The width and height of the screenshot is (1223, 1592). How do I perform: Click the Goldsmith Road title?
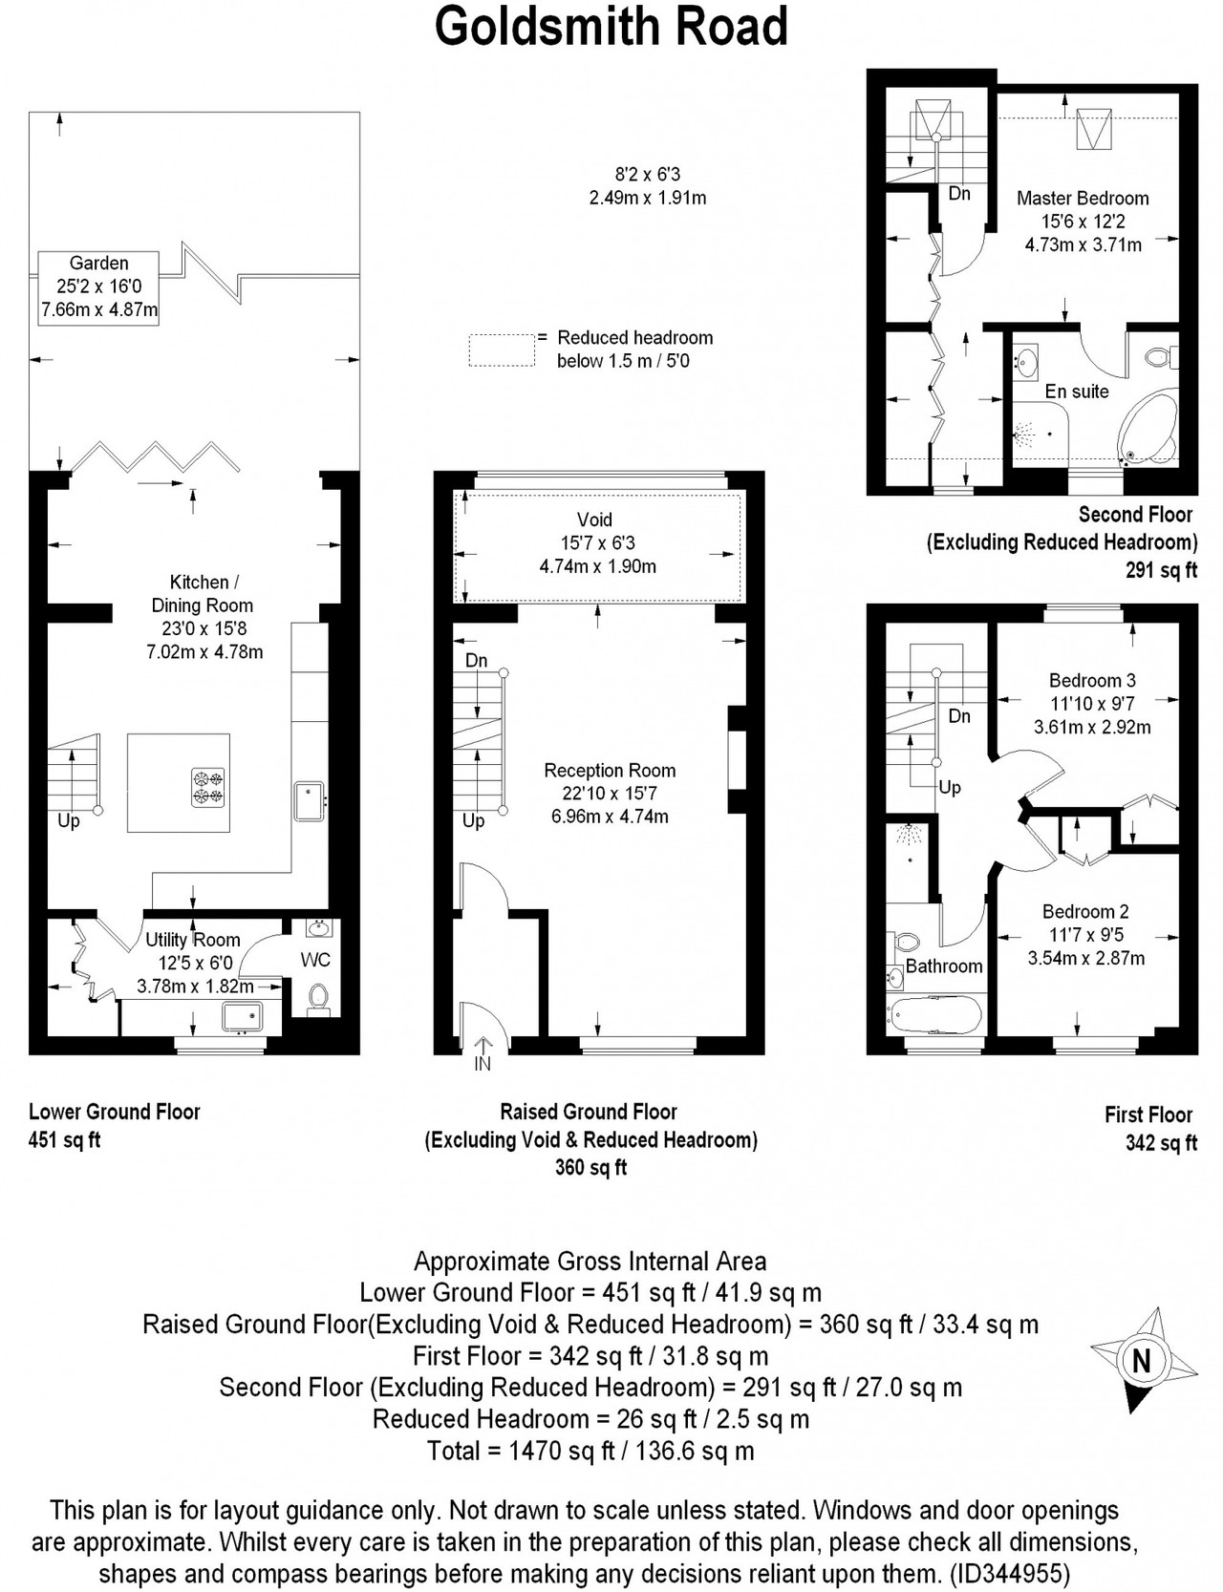[x=611, y=26]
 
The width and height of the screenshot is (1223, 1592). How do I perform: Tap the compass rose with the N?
[x=1143, y=1359]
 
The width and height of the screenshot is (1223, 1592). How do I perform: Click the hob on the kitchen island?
[x=209, y=787]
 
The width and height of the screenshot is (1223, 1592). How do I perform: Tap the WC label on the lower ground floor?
[x=315, y=959]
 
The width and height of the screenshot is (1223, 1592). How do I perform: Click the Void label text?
[x=594, y=520]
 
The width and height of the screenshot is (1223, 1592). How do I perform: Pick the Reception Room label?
[x=610, y=771]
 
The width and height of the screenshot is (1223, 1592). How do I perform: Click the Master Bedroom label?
[x=1083, y=199]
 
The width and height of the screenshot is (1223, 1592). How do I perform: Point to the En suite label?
[x=1077, y=392]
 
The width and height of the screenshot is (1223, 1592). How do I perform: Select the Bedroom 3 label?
[x=1092, y=681]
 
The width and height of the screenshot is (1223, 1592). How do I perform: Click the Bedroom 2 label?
[x=1085, y=912]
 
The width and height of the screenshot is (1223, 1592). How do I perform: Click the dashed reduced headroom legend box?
[x=502, y=350]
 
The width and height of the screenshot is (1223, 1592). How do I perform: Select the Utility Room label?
[x=192, y=940]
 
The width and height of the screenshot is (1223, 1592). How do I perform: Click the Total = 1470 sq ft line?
[x=590, y=1452]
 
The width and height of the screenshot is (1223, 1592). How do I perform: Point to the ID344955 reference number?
[x=1010, y=1573]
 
